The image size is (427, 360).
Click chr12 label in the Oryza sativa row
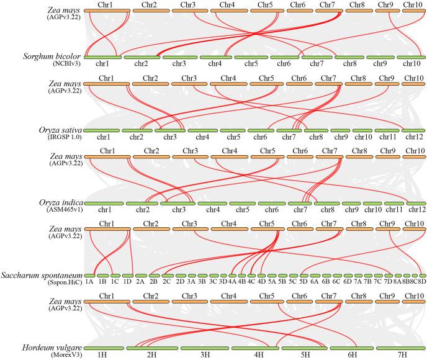(x=413, y=137)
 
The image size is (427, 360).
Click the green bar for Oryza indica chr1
(x=102, y=202)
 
